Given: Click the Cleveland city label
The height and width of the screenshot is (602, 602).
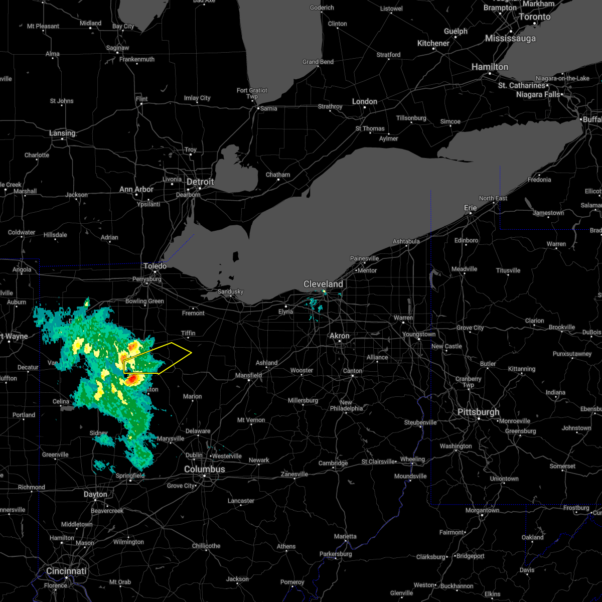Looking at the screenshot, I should tap(323, 284).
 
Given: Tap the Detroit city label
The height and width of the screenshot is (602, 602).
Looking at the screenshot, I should tap(200, 182).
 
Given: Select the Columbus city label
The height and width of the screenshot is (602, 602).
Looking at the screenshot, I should tap(204, 469).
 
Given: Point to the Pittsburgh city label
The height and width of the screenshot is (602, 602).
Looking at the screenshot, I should tap(478, 412).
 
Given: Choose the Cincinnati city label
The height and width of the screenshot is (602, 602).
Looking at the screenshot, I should tap(66, 571).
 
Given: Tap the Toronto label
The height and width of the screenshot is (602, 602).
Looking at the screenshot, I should tap(534, 17).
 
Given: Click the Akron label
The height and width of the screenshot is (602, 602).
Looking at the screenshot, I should tap(340, 336).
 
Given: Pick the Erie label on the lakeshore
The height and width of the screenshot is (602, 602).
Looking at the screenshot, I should tap(471, 208).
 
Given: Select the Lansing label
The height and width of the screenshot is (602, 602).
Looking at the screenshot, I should tap(62, 133).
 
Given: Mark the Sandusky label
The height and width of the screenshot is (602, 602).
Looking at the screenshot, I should tap(230, 291).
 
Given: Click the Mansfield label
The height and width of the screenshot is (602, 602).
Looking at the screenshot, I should tap(249, 375).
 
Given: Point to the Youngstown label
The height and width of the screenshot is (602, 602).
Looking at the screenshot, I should tap(419, 334).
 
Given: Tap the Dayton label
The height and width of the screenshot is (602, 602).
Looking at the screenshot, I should tap(95, 494).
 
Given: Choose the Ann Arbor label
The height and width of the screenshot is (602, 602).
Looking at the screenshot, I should tap(136, 189).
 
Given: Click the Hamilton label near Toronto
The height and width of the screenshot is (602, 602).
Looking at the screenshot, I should tap(490, 67).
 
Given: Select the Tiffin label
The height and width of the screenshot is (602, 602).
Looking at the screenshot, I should tap(188, 333).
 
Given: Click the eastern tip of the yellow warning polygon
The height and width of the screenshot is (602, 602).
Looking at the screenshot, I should tap(192, 352).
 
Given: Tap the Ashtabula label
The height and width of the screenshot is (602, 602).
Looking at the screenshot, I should tap(406, 241).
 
